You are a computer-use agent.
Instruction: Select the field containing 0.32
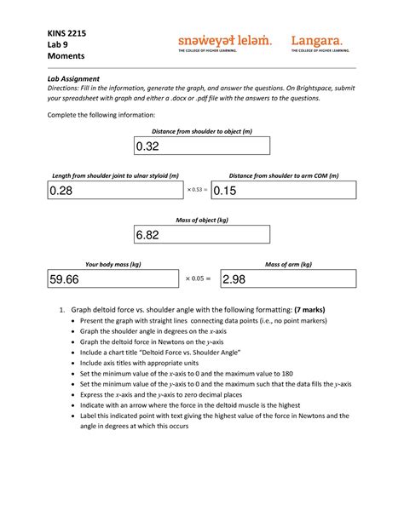coord(201,146)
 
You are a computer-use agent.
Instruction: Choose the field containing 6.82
coord(201,234)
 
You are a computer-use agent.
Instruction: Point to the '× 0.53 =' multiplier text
coord(197,190)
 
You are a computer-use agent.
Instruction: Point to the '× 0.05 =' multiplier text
coord(197,278)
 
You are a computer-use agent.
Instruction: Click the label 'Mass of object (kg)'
coord(202,220)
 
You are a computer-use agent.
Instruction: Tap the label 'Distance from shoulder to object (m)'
coord(202,131)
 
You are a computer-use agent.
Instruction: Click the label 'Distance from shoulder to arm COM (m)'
coord(283,175)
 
